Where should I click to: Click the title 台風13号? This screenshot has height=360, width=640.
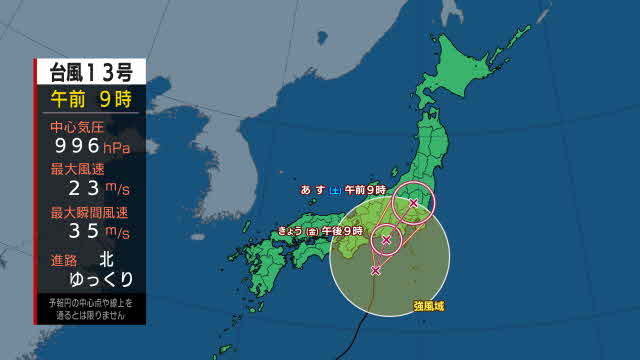click(x=91, y=72)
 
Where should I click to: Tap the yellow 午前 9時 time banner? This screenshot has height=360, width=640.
click(x=91, y=98)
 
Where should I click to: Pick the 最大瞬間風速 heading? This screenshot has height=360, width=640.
click(x=90, y=213)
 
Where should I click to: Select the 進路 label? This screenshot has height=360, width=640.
click(x=64, y=258)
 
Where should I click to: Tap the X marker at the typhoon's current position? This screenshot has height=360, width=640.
click(x=375, y=270)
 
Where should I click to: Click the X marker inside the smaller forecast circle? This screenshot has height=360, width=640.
click(x=386, y=240)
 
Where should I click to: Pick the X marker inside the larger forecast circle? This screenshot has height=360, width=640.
click(x=413, y=204)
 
